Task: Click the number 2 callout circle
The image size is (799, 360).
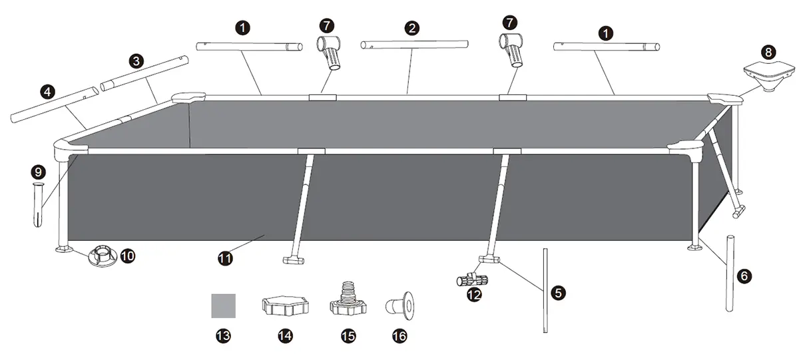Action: point(412,28)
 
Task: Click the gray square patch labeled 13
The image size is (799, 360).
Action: point(224,306)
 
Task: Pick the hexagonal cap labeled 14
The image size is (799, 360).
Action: point(285,307)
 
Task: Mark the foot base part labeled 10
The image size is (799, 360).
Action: point(100,254)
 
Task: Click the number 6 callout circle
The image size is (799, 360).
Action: point(744,273)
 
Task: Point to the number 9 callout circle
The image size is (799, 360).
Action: point(37,172)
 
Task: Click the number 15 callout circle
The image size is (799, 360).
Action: point(348,336)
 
